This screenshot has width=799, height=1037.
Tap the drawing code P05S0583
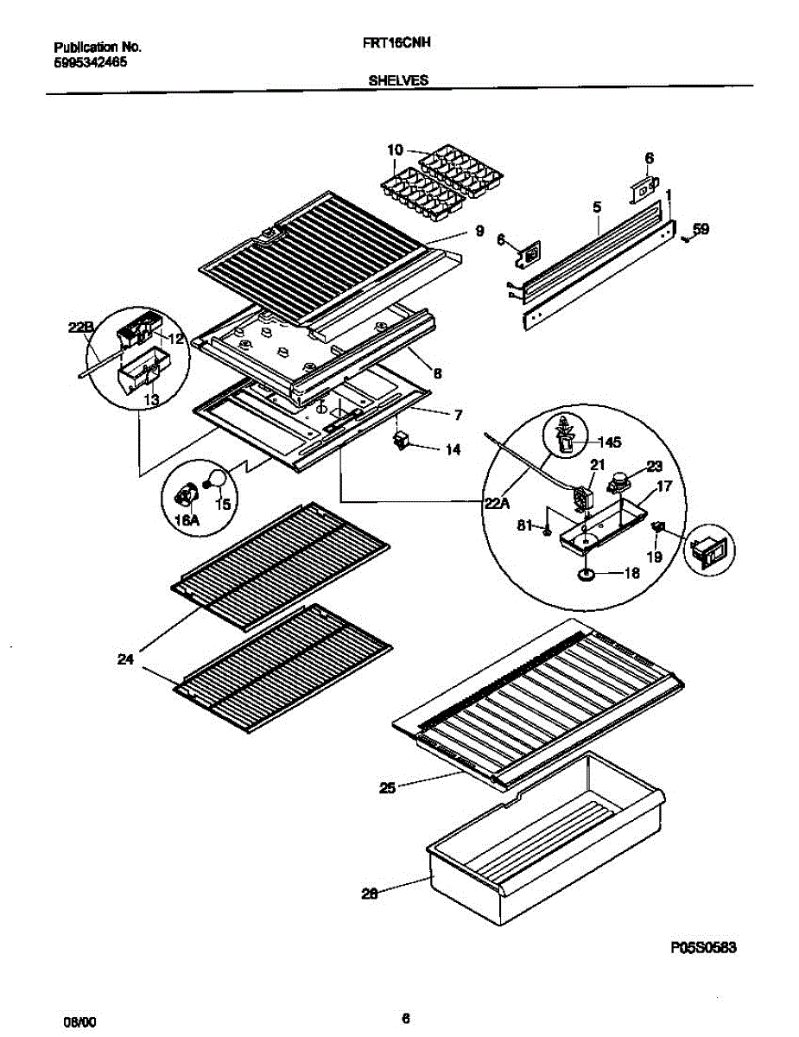[703, 947]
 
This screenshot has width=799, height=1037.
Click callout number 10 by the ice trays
[395, 150]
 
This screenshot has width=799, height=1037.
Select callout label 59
[701, 230]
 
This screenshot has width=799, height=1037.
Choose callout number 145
[610, 442]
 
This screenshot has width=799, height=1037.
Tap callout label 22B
[79, 327]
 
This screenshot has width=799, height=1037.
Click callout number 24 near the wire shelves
[127, 659]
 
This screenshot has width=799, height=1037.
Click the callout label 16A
[186, 520]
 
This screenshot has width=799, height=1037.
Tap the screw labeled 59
[685, 239]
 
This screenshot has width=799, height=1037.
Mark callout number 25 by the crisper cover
[387, 787]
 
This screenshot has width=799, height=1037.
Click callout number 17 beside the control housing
[663, 487]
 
